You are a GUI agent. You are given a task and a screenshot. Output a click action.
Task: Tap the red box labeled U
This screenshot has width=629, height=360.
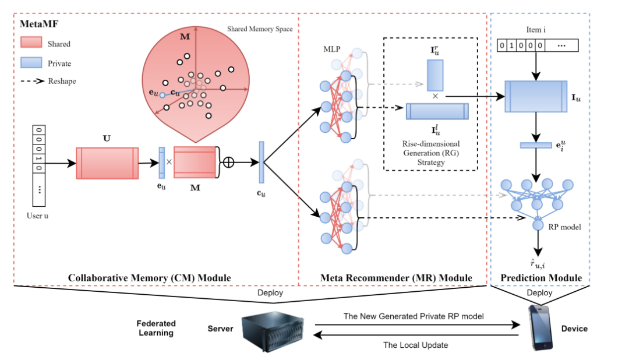tap(107, 163)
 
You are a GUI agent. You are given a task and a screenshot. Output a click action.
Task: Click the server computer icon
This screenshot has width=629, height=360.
tap(269, 329)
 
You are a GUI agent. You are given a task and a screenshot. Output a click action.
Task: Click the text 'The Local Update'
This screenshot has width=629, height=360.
tap(415, 345)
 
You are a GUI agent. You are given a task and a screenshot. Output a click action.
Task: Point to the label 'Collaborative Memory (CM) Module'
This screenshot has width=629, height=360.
tap(150, 278)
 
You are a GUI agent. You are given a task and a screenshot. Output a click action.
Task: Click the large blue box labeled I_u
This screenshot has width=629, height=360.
tap(536, 96)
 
